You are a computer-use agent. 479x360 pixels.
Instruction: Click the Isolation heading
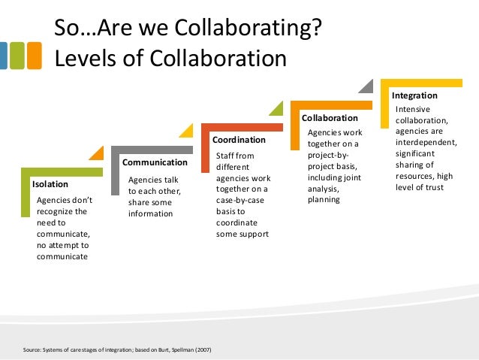pyautogui.click(x=50, y=183)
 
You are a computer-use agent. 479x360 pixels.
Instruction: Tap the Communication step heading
pyautogui.click(x=155, y=162)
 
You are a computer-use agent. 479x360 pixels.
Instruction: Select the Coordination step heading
pyautogui.click(x=239, y=140)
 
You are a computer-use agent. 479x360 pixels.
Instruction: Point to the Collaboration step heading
pyautogui.click(x=330, y=118)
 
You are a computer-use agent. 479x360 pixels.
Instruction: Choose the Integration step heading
pyautogui.click(x=414, y=96)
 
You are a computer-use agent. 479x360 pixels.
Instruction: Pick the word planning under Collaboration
pyautogui.click(x=324, y=200)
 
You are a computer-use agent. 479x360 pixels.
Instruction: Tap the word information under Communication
pyautogui.click(x=150, y=213)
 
